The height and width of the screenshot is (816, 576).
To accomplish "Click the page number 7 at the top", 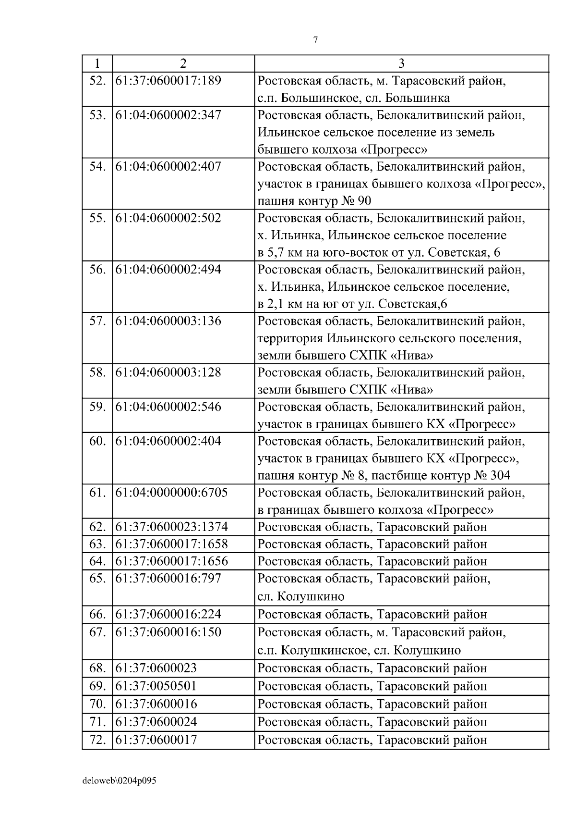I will click(x=315, y=40).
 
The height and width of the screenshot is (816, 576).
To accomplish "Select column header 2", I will click(x=183, y=63).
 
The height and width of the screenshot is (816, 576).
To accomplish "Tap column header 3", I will click(x=401, y=63).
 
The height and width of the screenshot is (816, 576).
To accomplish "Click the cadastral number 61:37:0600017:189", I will click(x=168, y=81).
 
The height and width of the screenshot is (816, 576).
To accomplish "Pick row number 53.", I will click(x=97, y=115).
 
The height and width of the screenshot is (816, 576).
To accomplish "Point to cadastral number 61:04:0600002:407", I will click(x=168, y=167).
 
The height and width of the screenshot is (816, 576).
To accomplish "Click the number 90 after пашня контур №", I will click(x=364, y=201).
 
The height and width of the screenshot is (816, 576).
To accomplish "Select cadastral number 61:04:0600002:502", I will click(x=168, y=218).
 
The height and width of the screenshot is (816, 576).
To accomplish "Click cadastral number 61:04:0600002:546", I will click(x=168, y=407).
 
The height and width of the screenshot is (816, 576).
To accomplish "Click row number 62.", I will click(x=97, y=527).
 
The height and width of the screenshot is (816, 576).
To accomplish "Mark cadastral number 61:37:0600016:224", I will click(x=168, y=615).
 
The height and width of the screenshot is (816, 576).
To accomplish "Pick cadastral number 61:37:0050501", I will click(x=156, y=686).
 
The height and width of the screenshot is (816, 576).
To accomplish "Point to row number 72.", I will click(x=97, y=740).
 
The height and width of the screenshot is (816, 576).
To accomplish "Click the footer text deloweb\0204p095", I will click(x=120, y=781).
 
